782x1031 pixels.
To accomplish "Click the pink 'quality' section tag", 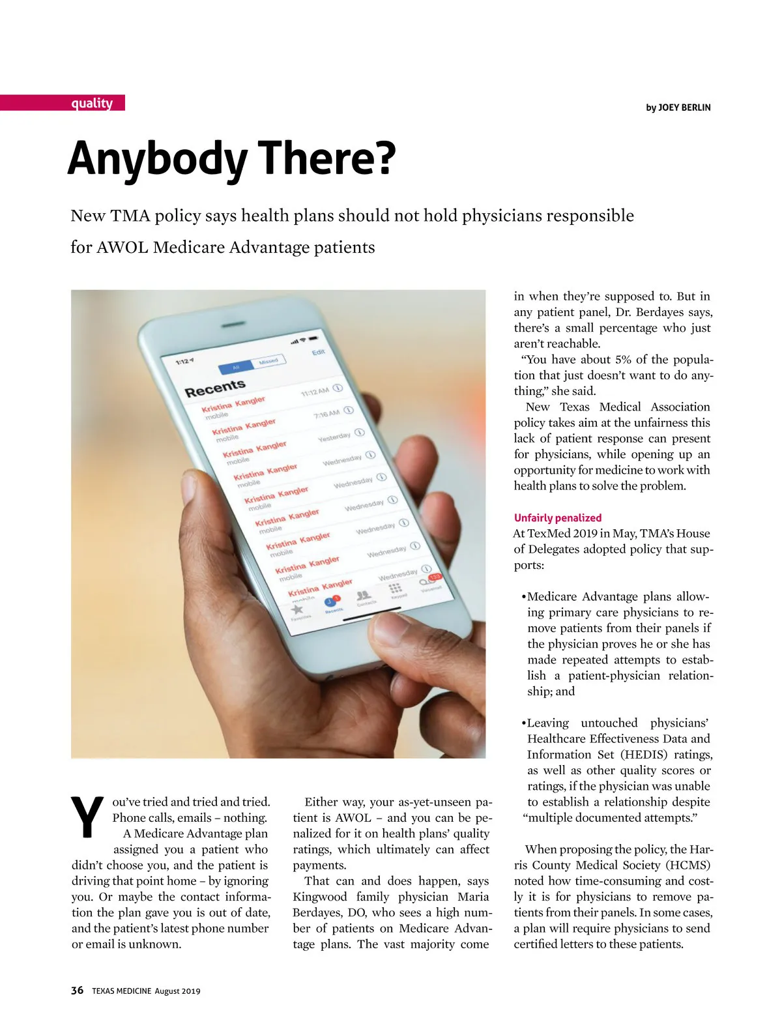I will [92, 103].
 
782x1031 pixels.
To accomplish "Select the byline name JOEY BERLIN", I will [684, 108].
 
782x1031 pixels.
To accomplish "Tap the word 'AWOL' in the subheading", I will [122, 248].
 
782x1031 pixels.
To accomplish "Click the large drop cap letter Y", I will [87, 816].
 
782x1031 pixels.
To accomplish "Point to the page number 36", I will [77, 991].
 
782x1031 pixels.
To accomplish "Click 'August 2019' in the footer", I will [177, 991].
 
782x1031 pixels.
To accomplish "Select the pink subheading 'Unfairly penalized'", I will [558, 518].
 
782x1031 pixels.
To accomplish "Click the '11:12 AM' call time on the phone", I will [315, 392].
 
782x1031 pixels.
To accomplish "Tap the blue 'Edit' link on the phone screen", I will [318, 352].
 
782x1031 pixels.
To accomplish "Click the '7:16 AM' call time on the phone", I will [326, 414].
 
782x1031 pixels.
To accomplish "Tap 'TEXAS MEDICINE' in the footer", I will [121, 991].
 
